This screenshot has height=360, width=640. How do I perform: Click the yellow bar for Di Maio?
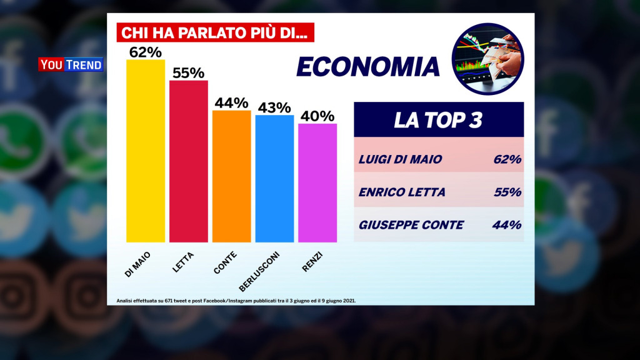[x=146, y=151]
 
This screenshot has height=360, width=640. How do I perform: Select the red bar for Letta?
[x=189, y=161]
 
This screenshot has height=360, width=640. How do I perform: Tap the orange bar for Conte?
[x=231, y=176]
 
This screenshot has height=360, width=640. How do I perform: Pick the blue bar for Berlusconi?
[x=274, y=179]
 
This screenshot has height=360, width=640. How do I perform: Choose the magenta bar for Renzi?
[x=317, y=182]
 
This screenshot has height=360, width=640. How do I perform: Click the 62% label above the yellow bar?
[x=146, y=52]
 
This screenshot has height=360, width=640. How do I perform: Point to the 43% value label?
[x=274, y=107]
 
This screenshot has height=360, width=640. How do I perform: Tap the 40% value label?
[x=317, y=116]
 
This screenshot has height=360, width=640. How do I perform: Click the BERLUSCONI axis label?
[x=259, y=270]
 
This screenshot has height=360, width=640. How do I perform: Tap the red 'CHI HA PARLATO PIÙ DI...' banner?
[x=216, y=32]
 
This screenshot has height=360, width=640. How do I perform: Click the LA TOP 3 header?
[x=438, y=120]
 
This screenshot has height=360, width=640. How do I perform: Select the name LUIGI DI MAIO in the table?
[x=400, y=159]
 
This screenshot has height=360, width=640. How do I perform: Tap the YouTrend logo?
[x=70, y=64]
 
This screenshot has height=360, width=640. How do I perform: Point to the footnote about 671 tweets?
[x=236, y=301]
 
